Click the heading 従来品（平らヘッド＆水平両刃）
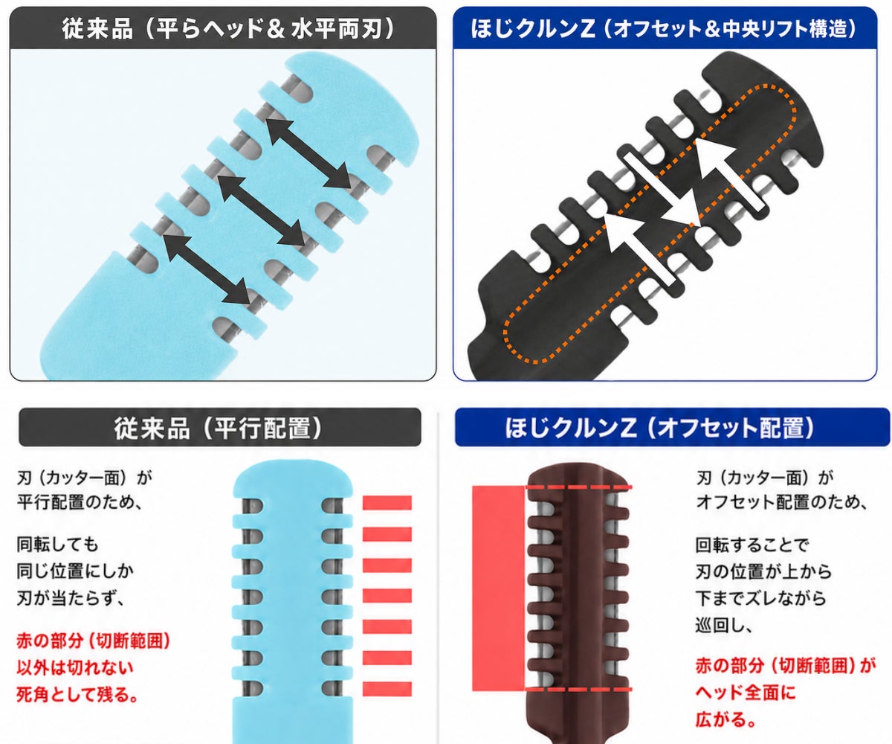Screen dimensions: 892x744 point(227,29)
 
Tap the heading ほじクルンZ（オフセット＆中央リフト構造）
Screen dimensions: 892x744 point(664,29)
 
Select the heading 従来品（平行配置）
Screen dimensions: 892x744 point(218,428)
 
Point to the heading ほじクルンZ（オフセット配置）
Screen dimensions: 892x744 point(659,428)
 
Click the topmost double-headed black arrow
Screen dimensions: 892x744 point(308,153)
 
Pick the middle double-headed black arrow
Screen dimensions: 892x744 point(262,210)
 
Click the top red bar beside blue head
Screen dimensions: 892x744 point(387,502)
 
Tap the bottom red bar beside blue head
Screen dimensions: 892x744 point(387,689)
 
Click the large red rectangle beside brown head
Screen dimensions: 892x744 point(498,588)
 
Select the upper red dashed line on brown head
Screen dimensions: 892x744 point(579,487)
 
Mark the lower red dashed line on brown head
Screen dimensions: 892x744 point(579,689)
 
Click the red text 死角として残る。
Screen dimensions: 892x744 point(77,695)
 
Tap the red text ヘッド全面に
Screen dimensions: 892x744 point(746,692)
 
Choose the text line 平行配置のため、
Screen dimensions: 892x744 point(80,502)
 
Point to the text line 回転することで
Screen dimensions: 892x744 point(752,545)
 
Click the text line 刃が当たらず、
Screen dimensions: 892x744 point(71,597)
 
